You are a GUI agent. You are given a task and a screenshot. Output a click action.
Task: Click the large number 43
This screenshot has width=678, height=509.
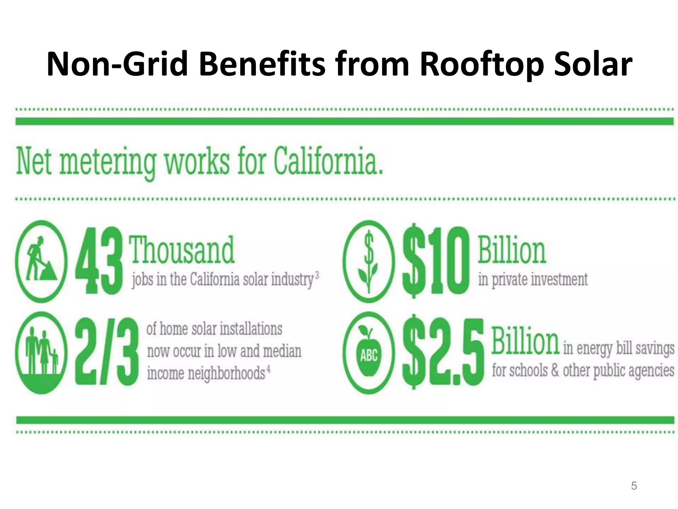(97, 261)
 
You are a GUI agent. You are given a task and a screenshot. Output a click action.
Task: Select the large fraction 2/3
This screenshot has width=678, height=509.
(107, 352)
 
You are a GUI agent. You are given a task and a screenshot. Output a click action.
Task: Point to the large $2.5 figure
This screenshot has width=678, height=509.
(443, 353)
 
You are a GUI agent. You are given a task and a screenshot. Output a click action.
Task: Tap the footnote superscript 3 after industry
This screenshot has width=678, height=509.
(317, 275)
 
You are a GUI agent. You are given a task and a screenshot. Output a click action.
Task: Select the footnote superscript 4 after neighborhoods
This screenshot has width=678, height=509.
(268, 369)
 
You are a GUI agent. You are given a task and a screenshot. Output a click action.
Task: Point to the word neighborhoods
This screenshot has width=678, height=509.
(226, 373)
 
